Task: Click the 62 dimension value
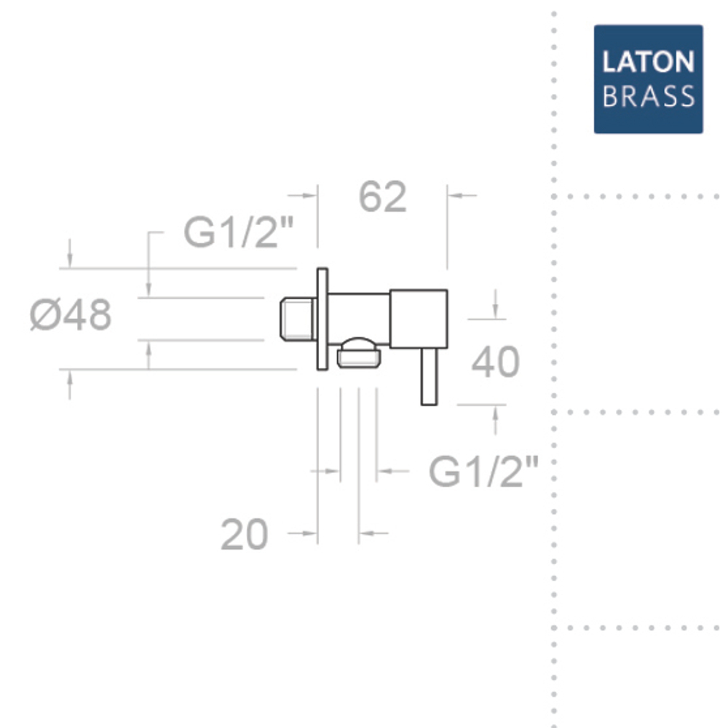tap(383, 197)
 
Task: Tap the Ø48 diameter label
tap(71, 314)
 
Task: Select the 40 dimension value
tap(495, 362)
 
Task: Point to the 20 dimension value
tap(244, 534)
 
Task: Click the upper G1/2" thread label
tap(239, 232)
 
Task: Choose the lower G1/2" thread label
tap(483, 471)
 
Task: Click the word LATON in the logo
tap(648, 62)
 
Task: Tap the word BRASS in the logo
tap(648, 96)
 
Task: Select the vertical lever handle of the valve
tap(429, 376)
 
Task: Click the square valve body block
tap(419, 319)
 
